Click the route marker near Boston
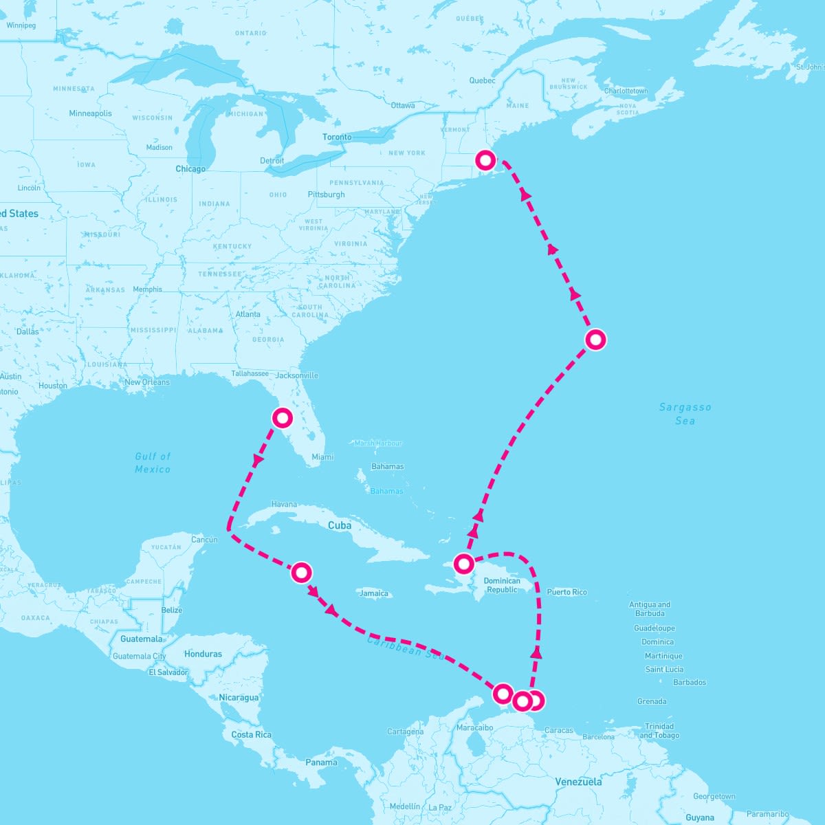485,161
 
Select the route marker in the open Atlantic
595,340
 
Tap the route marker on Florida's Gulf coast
283,418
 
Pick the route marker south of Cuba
301,573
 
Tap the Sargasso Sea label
685,413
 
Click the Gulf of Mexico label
153,463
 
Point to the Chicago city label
190,169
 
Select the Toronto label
337,137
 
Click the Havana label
284,505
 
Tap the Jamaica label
374,593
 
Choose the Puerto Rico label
567,592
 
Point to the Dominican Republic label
502,585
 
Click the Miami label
322,457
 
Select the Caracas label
558,730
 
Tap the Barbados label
690,683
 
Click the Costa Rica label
252,734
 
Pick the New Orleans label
147,382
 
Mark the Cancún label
204,540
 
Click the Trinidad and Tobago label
659,731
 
